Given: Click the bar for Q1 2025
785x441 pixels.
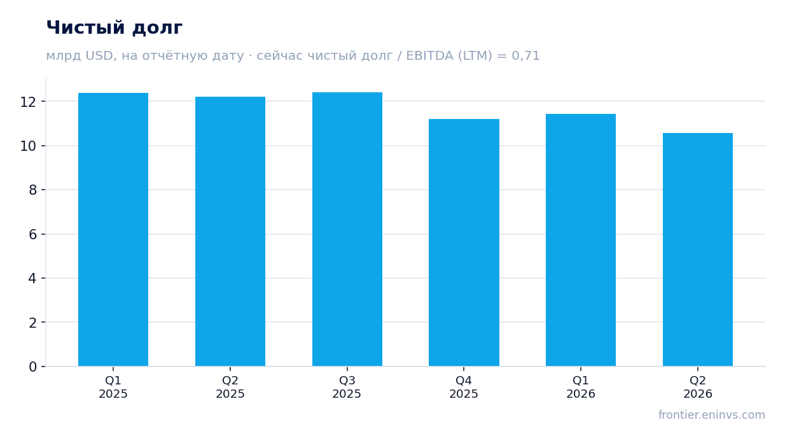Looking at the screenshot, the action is point(113,230).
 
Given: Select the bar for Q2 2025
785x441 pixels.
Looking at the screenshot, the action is point(230,232).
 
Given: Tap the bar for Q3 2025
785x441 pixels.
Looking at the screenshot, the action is point(347,229).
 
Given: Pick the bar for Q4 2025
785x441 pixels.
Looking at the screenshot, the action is point(464,242).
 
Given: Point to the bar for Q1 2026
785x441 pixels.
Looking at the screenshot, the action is point(581,240).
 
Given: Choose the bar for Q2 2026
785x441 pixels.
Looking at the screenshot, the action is point(698,249).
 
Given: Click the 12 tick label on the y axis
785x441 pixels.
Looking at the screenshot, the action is point(28,102).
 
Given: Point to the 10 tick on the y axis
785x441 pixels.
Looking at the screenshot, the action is point(28,146).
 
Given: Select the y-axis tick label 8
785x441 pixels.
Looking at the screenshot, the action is point(32,190).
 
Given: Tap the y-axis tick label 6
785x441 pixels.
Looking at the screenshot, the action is point(32,235).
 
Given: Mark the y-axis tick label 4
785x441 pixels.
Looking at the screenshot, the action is point(32,279).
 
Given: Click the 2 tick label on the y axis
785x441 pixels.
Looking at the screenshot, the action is point(32,323).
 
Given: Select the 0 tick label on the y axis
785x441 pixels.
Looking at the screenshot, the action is point(32,367).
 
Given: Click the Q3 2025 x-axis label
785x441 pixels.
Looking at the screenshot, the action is point(347,387).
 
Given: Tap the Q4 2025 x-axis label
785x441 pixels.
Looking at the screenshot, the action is point(464,387).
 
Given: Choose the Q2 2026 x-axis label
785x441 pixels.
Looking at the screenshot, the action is point(698,387).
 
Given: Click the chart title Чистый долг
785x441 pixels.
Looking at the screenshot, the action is point(115,28).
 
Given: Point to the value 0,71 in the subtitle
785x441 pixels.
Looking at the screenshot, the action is point(525,56).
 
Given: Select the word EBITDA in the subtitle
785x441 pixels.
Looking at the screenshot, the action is point(429,55).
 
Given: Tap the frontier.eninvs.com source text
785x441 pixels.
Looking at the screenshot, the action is point(712,415).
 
